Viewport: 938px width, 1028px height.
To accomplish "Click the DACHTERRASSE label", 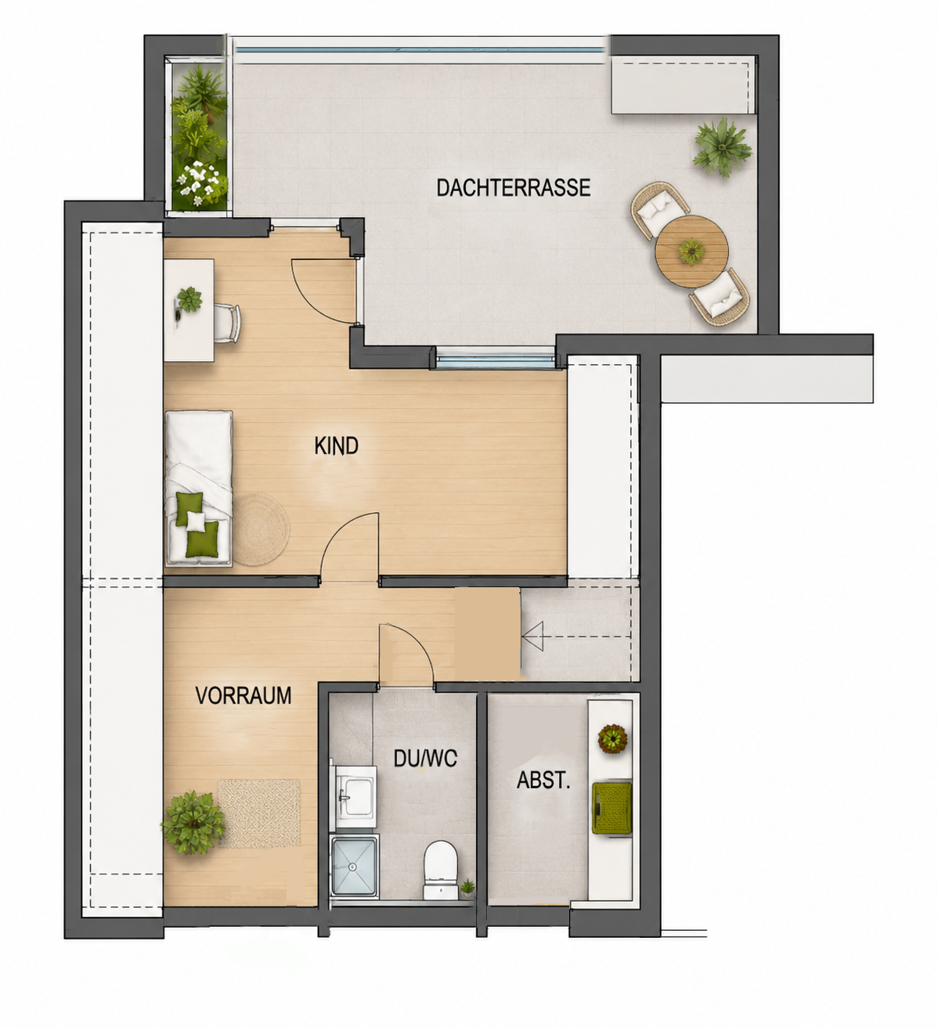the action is click(513, 188).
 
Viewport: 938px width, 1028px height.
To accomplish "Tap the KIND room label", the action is click(336, 445).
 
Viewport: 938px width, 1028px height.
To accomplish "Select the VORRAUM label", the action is click(243, 695).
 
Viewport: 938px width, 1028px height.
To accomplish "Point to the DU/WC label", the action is click(425, 758).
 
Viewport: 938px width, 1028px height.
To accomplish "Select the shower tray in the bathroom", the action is click(355, 867).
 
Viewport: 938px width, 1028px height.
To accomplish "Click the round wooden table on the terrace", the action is click(691, 251).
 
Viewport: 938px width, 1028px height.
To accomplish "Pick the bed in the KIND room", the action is click(198, 489).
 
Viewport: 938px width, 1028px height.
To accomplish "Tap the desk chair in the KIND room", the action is click(227, 323).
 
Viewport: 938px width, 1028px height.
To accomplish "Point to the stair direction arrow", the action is click(576, 637).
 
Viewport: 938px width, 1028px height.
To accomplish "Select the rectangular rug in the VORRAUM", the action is click(259, 813).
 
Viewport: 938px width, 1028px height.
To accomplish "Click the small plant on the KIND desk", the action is click(189, 299).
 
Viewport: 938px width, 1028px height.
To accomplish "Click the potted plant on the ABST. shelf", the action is click(612, 738).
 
